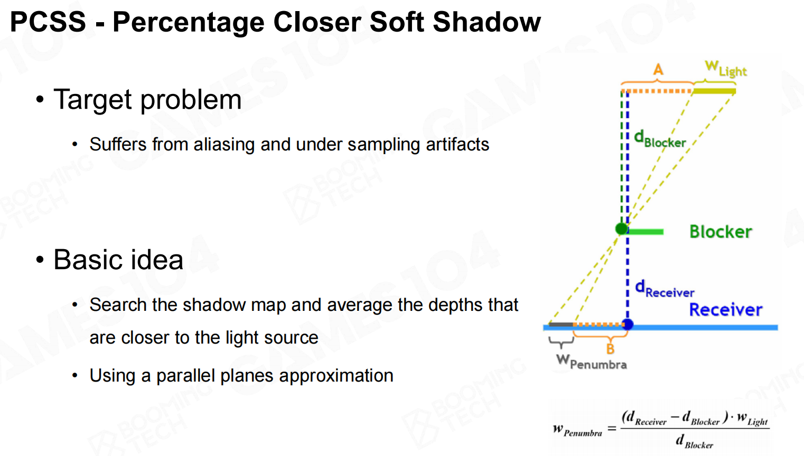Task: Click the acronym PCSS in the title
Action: [48, 22]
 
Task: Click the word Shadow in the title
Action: [487, 22]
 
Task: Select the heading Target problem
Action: [147, 99]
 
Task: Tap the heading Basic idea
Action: [118, 259]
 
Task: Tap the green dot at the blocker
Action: [621, 229]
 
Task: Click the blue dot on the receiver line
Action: [628, 325]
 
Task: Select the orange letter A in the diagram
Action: [658, 69]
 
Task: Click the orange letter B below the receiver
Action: [610, 349]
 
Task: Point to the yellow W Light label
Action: [726, 69]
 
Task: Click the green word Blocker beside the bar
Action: [721, 232]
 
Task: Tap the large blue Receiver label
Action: [726, 310]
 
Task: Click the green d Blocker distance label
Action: [660, 139]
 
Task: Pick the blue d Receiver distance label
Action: [665, 289]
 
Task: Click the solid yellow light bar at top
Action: [714, 91]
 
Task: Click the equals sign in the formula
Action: [612, 429]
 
